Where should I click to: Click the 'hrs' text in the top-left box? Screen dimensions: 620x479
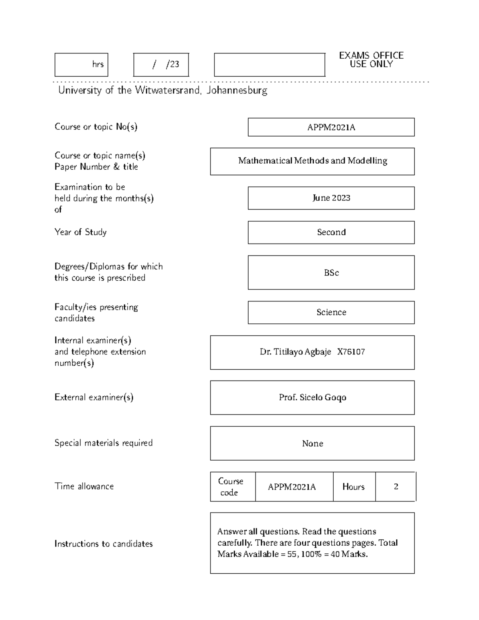pos(98,64)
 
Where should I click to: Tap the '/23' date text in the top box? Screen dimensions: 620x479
pos(173,64)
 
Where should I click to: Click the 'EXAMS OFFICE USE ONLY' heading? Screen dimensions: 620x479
pos(371,60)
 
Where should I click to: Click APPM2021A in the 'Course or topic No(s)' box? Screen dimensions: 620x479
pos(331,127)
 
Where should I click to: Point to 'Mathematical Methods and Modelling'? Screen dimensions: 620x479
pos(313,161)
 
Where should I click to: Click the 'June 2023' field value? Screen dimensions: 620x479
pos(331,198)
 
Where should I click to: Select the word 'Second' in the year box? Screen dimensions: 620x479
pos(331,232)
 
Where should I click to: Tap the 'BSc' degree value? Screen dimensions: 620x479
pos(331,273)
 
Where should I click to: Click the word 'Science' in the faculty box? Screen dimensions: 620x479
pos(331,312)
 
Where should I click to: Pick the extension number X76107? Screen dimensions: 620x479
pos(351,352)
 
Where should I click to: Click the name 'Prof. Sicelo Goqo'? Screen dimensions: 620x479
pos(313,398)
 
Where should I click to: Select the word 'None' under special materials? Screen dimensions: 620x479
pos(313,444)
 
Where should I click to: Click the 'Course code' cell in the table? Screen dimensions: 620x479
pos(230,487)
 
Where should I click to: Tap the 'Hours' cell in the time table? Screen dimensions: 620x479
pos(353,487)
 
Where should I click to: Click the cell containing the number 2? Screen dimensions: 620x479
pos(396,487)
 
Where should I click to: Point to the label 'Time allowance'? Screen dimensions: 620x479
pos(84,486)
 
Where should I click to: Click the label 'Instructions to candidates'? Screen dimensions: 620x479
pos(103,544)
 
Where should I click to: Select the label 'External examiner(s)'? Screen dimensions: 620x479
pos(94,397)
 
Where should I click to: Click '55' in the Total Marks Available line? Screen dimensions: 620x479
pos(292,554)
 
